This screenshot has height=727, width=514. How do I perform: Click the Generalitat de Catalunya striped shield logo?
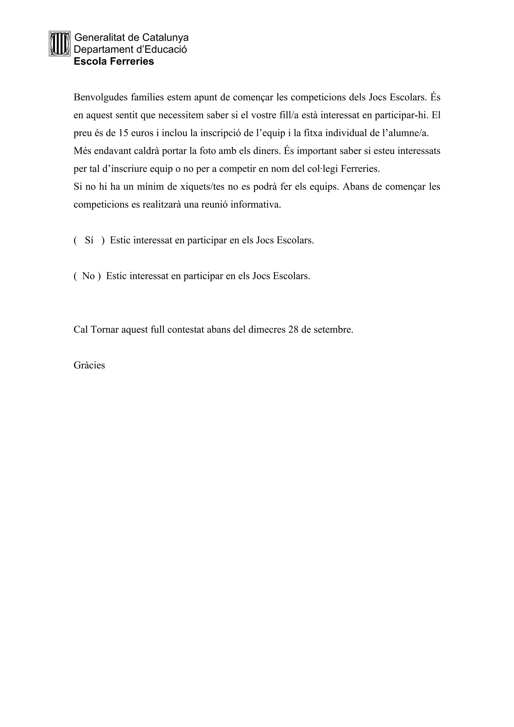(59, 44)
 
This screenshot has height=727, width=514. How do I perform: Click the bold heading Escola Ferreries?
(114, 61)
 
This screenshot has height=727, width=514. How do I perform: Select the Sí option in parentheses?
(89, 240)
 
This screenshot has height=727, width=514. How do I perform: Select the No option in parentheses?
(88, 276)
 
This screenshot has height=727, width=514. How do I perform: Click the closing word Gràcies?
(89, 366)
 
